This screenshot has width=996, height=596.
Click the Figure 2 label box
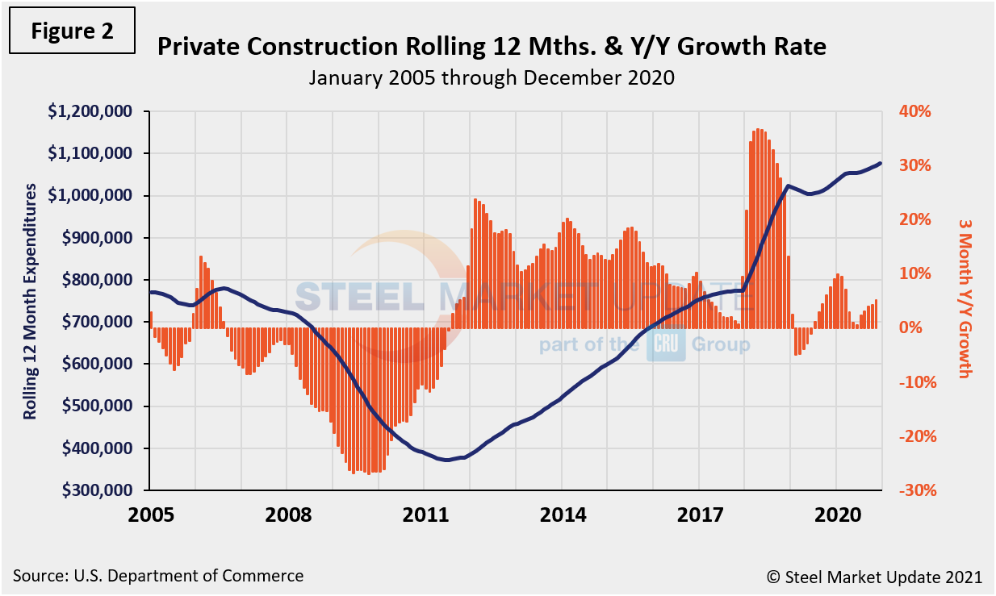point(72,31)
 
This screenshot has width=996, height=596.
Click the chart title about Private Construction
point(492,48)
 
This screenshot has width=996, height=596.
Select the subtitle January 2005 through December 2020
point(492,78)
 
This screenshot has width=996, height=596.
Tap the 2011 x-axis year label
point(425,515)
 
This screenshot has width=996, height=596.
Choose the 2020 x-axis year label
point(836,515)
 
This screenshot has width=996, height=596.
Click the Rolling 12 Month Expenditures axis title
point(30,300)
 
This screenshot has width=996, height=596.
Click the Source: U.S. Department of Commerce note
point(158,576)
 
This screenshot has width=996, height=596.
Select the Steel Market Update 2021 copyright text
point(874,577)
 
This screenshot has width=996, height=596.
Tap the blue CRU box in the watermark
point(665,345)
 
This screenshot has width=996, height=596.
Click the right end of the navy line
point(880,163)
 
